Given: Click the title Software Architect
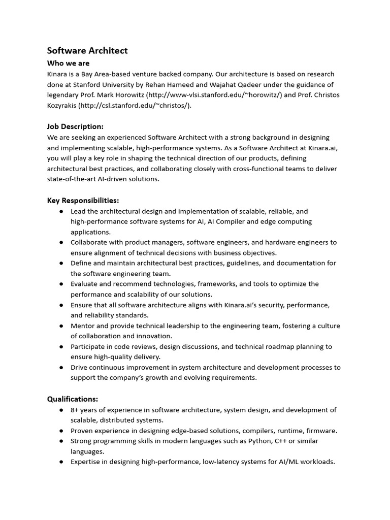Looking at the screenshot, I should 87,50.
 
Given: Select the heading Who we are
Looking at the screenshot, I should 68,63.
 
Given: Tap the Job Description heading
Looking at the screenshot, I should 75,126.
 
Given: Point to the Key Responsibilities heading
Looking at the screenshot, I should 83,201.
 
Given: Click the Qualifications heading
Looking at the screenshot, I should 73,399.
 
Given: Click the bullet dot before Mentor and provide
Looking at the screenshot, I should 61,326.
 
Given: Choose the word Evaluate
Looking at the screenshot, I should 85,284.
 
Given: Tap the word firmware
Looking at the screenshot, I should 322,431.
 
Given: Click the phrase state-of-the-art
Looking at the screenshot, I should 75,179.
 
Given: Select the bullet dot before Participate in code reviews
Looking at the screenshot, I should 61,347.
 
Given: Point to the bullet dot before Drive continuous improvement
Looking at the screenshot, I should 61,368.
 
